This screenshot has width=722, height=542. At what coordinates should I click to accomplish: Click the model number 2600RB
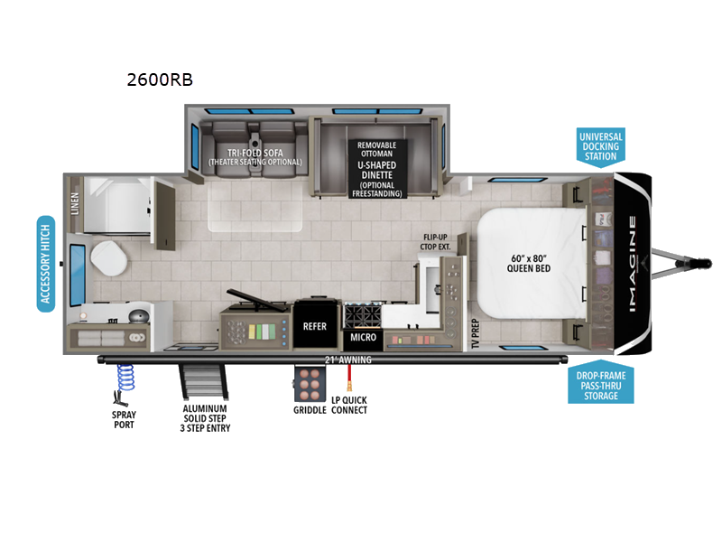[160, 79]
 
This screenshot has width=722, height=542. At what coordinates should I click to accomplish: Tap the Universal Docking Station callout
[600, 145]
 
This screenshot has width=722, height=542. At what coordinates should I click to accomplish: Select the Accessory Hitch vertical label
[46, 264]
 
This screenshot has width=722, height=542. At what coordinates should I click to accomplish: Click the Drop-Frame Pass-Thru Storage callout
[600, 384]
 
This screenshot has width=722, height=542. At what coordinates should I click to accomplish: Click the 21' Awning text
[348, 360]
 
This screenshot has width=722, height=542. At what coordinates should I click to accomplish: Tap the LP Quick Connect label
[348, 405]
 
